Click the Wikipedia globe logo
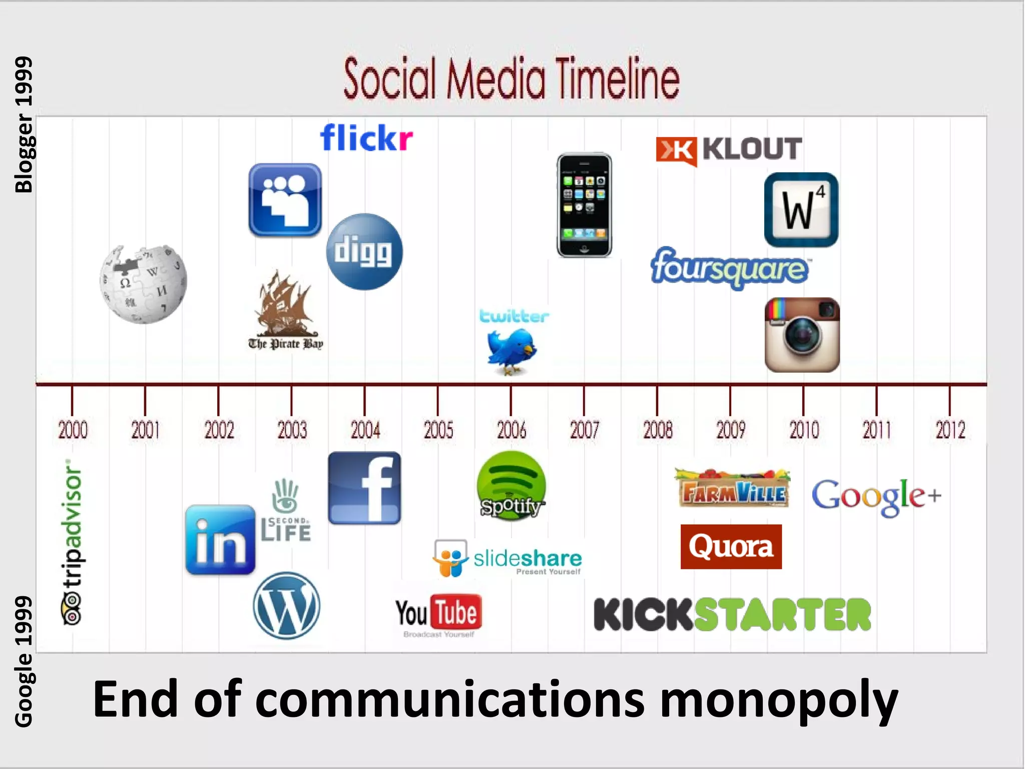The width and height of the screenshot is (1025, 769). tap(143, 284)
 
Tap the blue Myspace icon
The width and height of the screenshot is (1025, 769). tap(285, 200)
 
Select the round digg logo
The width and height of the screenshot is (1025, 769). tap(364, 251)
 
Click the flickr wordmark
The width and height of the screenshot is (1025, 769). tap(366, 138)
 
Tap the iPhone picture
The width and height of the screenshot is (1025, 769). tap(584, 205)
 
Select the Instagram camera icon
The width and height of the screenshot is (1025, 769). tap(802, 334)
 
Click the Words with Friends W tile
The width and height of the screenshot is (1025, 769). tap(801, 210)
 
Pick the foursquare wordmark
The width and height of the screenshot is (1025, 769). tap(729, 268)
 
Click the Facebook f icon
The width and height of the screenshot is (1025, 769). tap(364, 488)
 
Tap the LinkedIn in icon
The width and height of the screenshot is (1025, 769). tap(220, 540)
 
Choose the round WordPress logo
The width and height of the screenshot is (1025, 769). tap(286, 605)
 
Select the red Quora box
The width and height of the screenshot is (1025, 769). tap(731, 546)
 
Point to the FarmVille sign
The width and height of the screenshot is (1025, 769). tap(733, 489)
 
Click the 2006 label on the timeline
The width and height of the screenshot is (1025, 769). tap(511, 430)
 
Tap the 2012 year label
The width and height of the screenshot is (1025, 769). tap(950, 430)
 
